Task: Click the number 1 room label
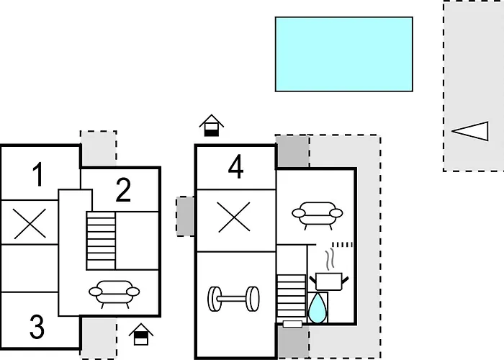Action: (39, 174)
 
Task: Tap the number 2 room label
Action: (123, 189)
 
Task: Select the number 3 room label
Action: (37, 327)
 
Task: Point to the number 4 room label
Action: (235, 167)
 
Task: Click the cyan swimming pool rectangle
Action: (344, 54)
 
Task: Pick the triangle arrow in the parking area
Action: (470, 131)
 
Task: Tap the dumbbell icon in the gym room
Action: (234, 299)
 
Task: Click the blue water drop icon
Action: (318, 308)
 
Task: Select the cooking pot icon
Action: (329, 281)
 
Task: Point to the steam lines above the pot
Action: (330, 259)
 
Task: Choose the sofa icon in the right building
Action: (318, 215)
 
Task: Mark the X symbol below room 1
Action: (30, 223)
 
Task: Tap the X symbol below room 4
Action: (234, 217)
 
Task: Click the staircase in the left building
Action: (101, 240)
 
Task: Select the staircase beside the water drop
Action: (291, 296)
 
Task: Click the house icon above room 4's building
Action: (212, 125)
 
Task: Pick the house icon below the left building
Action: (141, 334)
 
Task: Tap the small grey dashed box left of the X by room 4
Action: (185, 216)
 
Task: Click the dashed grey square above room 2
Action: (99, 148)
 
